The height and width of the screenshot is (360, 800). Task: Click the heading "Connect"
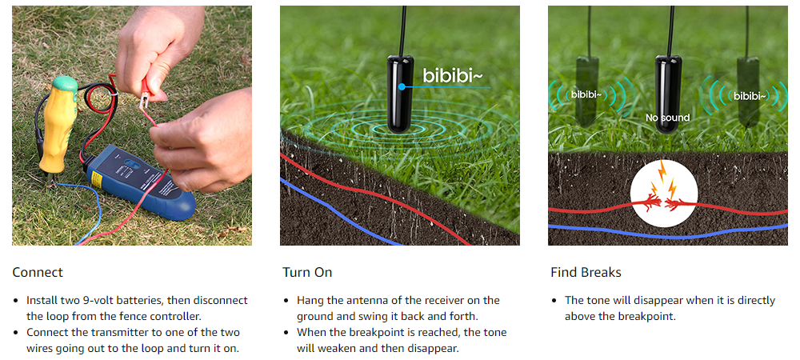(x=38, y=272)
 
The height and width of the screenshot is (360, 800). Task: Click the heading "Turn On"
(x=307, y=272)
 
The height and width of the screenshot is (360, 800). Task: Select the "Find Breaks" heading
(x=586, y=272)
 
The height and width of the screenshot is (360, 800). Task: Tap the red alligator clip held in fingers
(x=147, y=95)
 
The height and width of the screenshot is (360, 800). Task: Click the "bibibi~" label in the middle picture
(x=452, y=77)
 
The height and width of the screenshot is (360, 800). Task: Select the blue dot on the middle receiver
(x=402, y=87)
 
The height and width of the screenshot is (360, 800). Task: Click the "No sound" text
(x=667, y=118)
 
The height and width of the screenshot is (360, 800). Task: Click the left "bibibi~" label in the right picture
(x=586, y=94)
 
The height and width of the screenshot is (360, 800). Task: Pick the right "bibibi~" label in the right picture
(x=750, y=95)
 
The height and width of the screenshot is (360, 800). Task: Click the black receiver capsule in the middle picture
(x=400, y=95)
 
